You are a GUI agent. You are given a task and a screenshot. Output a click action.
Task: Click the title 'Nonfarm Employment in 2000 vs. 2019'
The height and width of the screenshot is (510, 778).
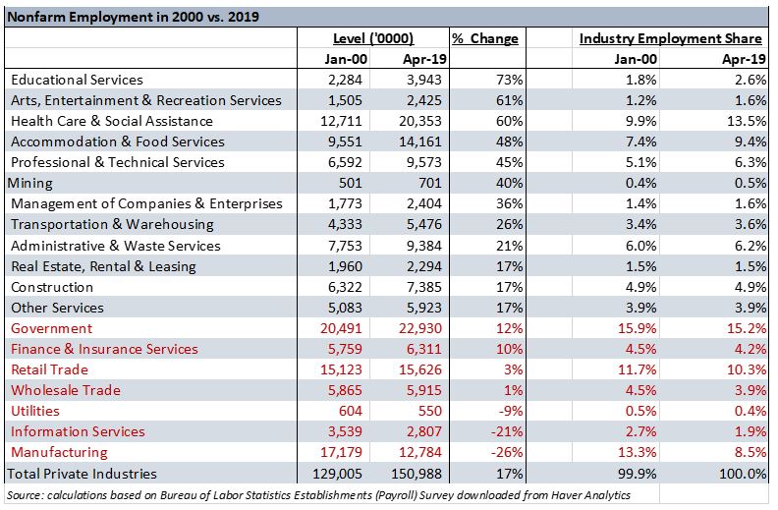coord(133,17)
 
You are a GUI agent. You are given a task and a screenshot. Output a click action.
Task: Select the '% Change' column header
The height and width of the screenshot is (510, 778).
coord(485,38)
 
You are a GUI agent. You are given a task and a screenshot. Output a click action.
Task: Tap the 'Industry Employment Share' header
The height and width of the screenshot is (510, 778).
coord(670,38)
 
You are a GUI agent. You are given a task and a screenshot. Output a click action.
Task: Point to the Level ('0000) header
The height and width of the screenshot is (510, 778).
coord(373,38)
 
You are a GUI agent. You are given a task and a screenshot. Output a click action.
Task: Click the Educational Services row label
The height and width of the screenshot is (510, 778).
coord(77,80)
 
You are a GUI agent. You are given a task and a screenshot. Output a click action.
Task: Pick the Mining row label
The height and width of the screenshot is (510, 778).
coord(29,183)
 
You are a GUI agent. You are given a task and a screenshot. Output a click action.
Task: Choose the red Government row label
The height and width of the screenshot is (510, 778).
coord(52,328)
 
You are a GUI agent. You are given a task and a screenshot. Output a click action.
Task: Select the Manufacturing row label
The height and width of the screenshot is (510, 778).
coord(59,452)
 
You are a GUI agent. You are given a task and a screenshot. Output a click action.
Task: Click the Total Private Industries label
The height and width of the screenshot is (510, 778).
coord(82,474)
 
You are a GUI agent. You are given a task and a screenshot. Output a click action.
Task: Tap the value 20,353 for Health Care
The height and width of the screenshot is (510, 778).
coord(419,121)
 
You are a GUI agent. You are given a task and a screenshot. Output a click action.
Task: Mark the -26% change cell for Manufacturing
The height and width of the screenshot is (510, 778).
coord(507,452)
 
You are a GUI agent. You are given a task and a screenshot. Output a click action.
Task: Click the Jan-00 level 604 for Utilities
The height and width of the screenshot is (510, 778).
coord(351,411)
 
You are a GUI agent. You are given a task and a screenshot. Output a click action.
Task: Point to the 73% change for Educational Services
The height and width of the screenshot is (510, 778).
coord(510,80)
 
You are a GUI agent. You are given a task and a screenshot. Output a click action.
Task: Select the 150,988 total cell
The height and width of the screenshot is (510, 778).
coord(417,474)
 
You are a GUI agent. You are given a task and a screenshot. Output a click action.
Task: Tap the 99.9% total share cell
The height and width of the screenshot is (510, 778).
coord(638,474)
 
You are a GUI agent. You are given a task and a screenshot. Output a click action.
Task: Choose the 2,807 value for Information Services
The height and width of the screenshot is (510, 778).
coord(423,431)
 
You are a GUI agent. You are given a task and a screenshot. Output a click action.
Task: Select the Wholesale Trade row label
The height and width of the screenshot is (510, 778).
coord(66,390)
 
